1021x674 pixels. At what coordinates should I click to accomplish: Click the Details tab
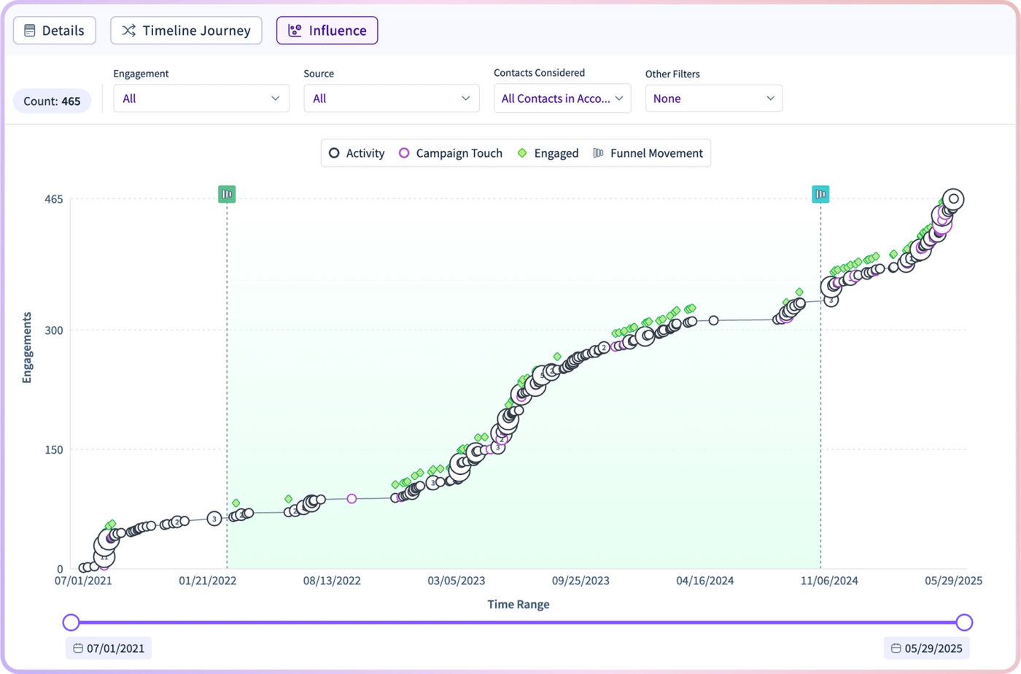[54, 31]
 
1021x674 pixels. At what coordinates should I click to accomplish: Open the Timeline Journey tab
[186, 31]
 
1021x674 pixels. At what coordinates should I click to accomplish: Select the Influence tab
[327, 31]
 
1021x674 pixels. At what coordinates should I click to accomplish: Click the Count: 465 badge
[52, 101]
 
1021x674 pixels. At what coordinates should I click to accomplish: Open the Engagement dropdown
[201, 98]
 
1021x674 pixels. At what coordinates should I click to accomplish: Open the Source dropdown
[392, 98]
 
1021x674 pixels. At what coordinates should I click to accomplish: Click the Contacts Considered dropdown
[562, 98]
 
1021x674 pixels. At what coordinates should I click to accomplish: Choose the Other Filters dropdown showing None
[714, 98]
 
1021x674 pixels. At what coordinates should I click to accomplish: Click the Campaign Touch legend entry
[451, 153]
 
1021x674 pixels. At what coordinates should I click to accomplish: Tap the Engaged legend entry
[548, 153]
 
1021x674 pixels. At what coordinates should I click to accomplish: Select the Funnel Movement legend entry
[648, 153]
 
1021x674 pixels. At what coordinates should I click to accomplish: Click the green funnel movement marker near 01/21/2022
[227, 194]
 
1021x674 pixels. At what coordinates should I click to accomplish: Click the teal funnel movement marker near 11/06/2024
[820, 194]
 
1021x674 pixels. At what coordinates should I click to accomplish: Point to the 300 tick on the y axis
[54, 330]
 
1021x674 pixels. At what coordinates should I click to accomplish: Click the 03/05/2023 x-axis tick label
[457, 581]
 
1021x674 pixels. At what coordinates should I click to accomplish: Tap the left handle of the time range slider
[71, 622]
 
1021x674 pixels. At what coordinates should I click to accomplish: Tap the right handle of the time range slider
[964, 622]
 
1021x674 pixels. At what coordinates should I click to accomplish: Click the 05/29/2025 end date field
[927, 648]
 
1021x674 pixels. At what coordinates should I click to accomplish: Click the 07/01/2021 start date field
[109, 648]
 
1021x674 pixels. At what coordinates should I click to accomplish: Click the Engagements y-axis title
[27, 347]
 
